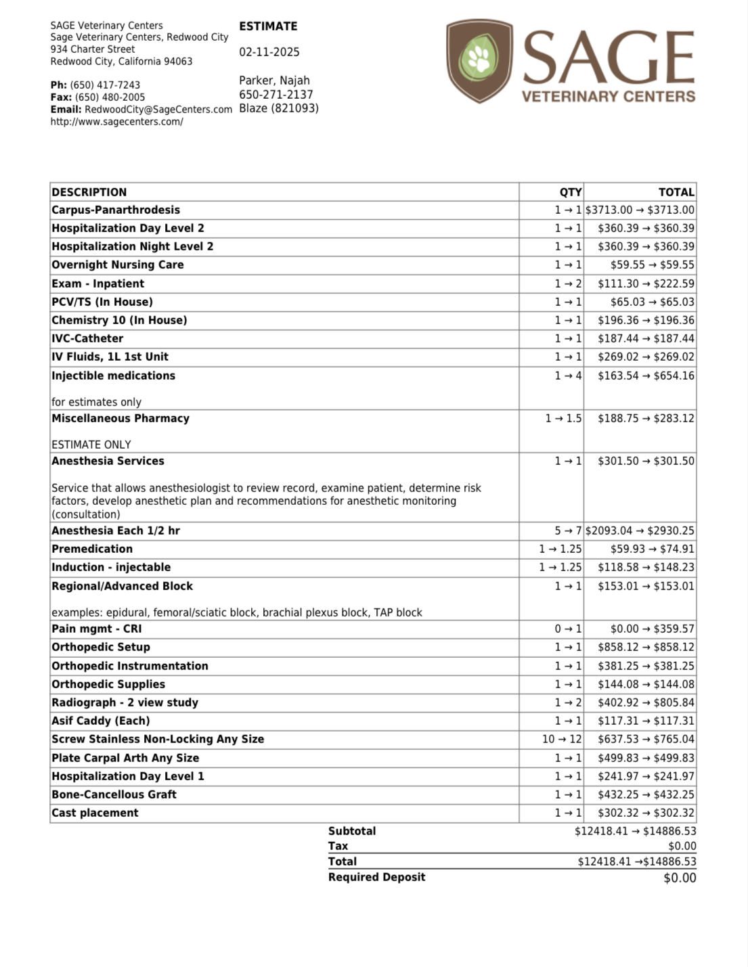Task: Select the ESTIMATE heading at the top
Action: coord(268,26)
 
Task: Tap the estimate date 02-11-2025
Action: coord(269,52)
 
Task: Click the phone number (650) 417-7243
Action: coord(105,85)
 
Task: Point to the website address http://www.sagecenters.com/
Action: coord(116,122)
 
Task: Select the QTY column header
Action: coord(570,192)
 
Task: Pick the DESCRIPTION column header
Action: coord(89,192)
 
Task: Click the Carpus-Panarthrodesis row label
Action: coord(116,210)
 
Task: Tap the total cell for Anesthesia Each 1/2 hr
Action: coord(640,531)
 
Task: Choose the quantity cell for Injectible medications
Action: coord(568,376)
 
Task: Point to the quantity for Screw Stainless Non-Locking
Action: coord(561,739)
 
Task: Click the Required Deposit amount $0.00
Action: coord(680,878)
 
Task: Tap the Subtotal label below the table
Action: coord(352,831)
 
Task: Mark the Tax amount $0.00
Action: coord(682,846)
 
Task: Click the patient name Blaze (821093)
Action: coord(278,108)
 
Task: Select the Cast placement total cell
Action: coord(646,813)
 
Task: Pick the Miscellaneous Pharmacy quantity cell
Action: coord(563,418)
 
